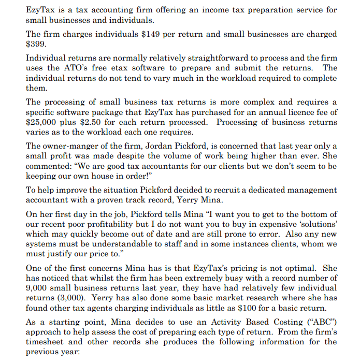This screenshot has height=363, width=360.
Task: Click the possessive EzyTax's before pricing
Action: point(233,269)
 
